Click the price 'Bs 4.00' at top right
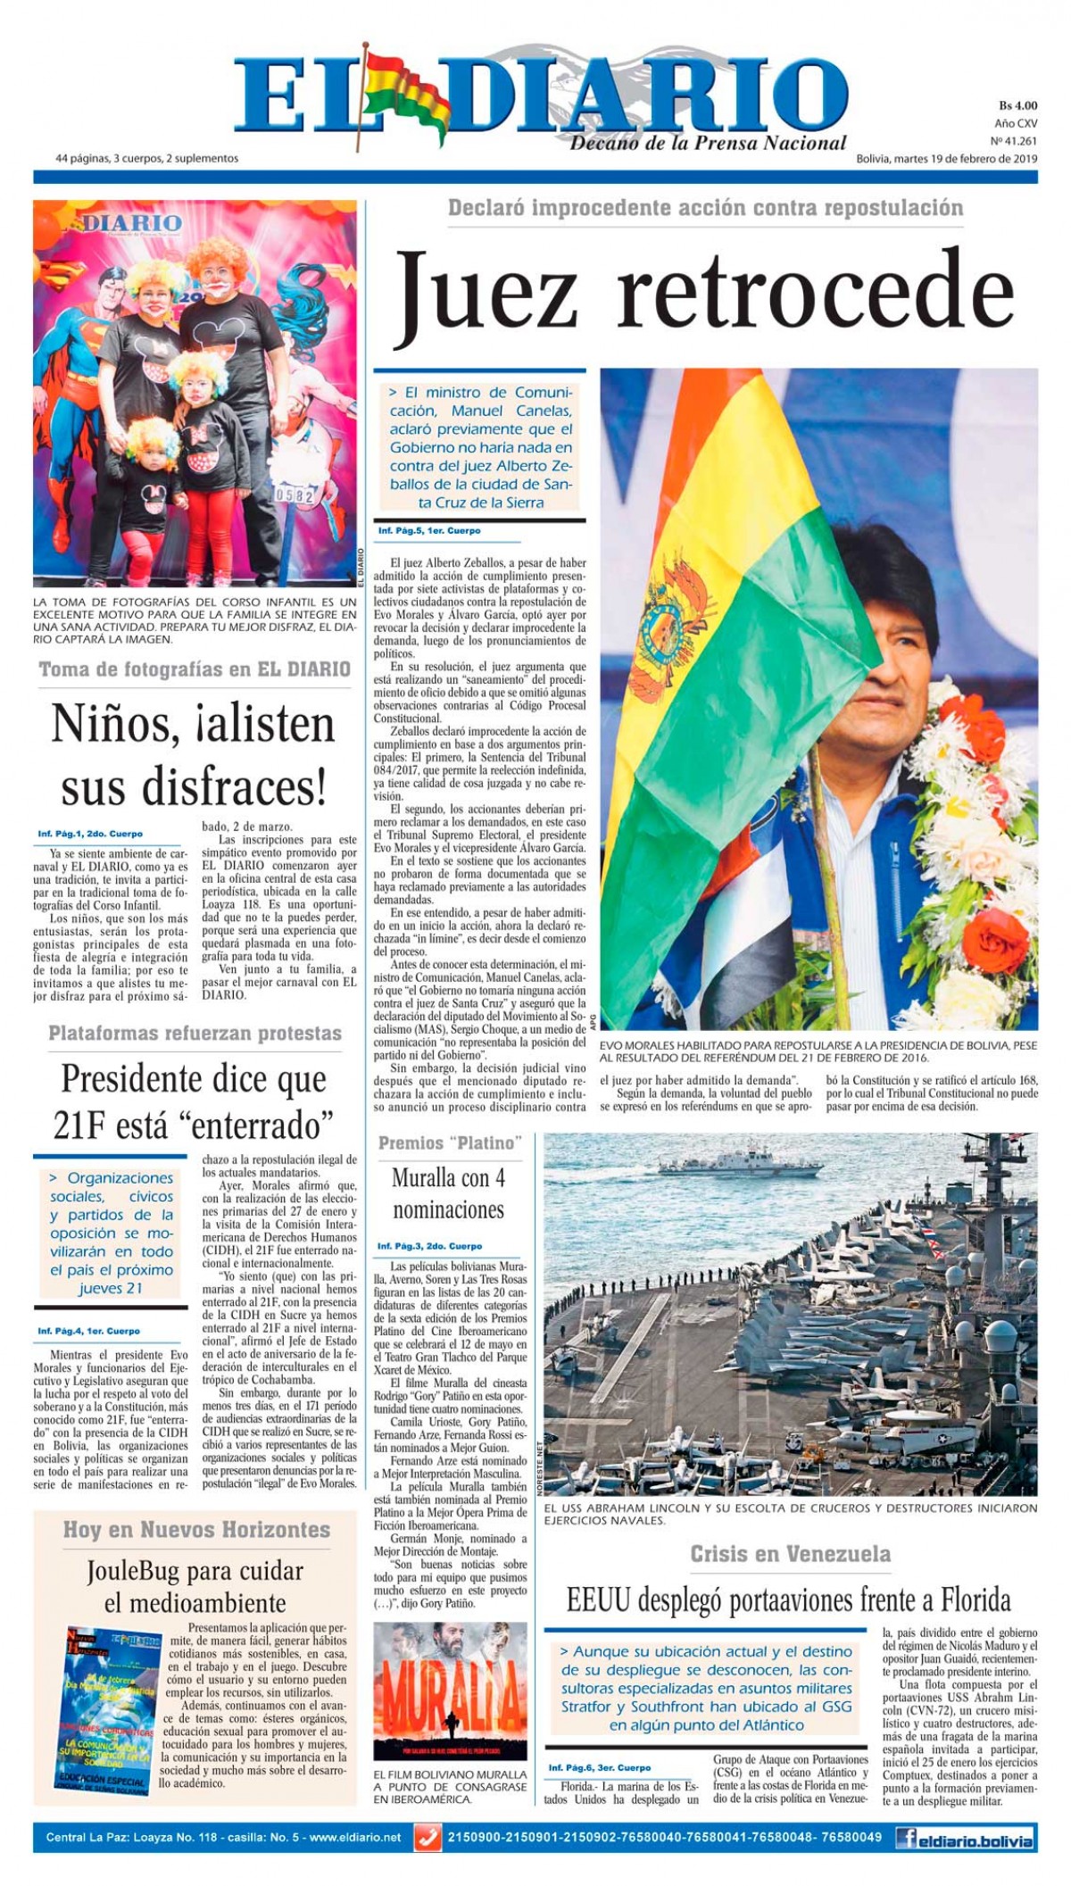[1017, 105]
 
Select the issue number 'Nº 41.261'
[1014, 141]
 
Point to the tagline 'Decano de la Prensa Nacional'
[708, 143]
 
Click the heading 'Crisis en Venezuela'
[790, 1554]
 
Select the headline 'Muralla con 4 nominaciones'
[448, 1193]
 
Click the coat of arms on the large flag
[676, 612]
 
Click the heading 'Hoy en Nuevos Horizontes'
[196, 1530]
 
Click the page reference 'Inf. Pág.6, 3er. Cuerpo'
[599, 1767]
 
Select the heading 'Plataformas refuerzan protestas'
[195, 1034]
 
